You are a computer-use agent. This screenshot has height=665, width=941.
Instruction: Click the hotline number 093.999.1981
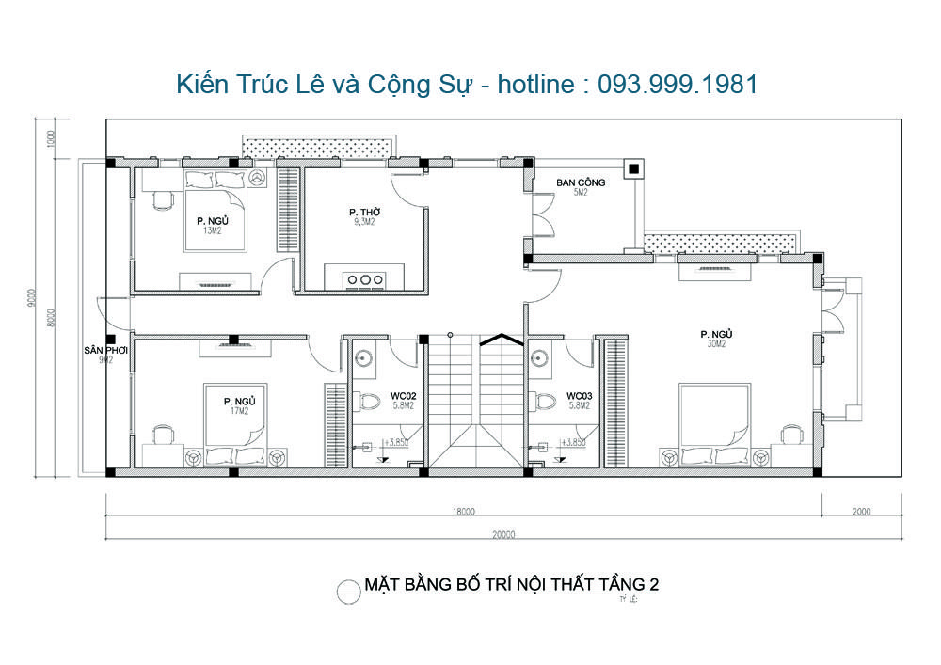(x=678, y=85)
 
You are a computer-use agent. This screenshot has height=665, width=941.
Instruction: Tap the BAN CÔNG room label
(x=581, y=182)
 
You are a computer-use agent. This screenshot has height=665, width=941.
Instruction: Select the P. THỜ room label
(x=363, y=213)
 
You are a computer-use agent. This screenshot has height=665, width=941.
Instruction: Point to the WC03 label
(x=578, y=395)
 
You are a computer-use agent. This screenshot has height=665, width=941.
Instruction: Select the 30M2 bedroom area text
(x=716, y=344)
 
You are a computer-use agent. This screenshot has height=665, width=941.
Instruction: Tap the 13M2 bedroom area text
(x=214, y=230)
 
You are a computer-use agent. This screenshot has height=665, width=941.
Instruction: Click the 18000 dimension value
(x=462, y=513)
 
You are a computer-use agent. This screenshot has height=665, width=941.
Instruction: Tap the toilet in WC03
(x=544, y=401)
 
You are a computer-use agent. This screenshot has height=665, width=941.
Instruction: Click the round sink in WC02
(x=364, y=357)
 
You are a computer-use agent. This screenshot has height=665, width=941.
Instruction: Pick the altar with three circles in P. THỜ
(x=364, y=279)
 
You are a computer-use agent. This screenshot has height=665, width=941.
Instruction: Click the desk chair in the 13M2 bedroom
(x=162, y=199)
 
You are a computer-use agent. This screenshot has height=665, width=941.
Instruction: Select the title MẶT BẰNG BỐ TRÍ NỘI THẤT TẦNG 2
(x=511, y=585)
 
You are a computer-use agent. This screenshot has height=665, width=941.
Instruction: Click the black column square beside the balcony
(x=633, y=170)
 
